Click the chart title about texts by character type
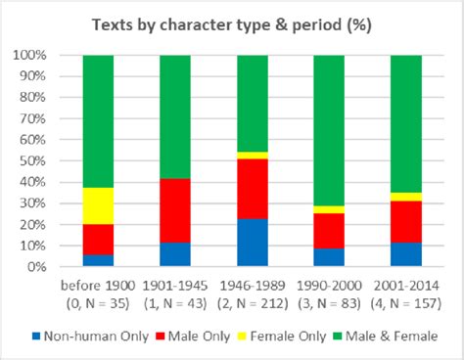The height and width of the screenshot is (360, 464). coord(232,22)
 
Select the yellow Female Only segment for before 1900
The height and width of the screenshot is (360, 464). coord(98,205)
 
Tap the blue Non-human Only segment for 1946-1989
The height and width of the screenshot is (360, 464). coord(253,242)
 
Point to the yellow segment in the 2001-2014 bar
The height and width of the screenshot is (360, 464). coord(407,197)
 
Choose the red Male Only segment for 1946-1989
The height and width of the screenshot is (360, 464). coord(253,188)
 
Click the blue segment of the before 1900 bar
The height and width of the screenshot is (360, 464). coord(98,260)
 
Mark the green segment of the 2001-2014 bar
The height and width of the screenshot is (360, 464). coord(407,123)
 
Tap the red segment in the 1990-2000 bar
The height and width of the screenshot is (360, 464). coord(330,231)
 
